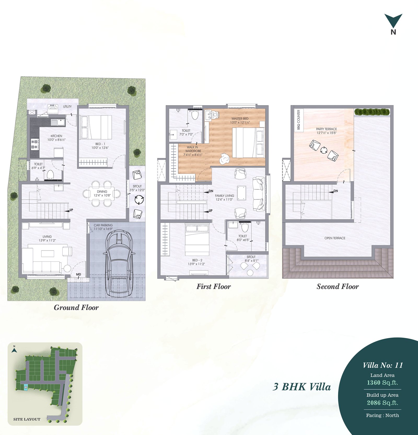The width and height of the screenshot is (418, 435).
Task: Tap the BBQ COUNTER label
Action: (299, 120)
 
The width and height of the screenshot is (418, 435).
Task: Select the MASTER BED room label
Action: (240, 118)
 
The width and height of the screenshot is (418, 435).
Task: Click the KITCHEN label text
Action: (56, 136)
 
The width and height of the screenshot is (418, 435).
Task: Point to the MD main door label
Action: (78, 275)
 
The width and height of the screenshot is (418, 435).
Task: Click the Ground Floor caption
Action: (76, 307)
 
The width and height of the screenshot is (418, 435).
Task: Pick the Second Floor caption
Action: (338, 287)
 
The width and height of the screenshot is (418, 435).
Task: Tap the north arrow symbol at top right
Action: (393, 21)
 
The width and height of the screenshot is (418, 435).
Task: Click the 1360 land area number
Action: (374, 383)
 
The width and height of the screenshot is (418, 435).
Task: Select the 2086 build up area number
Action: (374, 403)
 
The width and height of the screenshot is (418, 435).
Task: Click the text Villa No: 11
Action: (383, 365)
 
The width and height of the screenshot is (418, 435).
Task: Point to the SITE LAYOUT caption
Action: (27, 419)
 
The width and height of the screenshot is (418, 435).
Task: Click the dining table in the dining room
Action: (102, 193)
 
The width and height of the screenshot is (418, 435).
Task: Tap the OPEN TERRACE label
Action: (335, 238)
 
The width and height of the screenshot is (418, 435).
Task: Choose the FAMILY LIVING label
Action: (224, 196)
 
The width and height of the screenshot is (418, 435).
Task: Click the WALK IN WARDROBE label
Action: (193, 149)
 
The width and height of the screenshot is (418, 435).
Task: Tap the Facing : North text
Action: (382, 415)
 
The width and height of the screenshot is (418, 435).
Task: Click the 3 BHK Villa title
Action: (302, 387)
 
